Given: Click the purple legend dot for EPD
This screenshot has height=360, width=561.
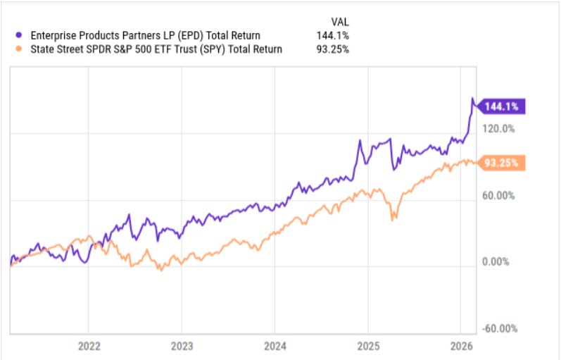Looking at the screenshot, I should pyautogui.click(x=16, y=35).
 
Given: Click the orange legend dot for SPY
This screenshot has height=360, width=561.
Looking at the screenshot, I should pyautogui.click(x=16, y=49).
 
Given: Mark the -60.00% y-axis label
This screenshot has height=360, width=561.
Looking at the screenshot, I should pyautogui.click(x=500, y=328).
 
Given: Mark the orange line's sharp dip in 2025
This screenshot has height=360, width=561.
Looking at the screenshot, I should pyautogui.click(x=391, y=220).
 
